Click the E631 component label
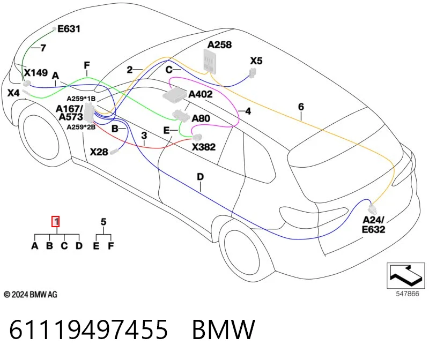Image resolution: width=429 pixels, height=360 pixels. click(69, 29)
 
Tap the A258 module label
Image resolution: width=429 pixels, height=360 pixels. click(219, 44)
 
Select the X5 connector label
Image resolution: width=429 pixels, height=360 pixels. click(256, 61)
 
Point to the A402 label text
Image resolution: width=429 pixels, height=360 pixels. click(201, 94)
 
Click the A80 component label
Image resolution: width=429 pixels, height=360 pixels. click(201, 118)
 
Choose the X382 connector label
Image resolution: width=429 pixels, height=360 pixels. click(204, 147)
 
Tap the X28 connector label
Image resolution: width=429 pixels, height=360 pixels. click(99, 152)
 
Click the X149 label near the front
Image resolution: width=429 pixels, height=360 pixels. click(36, 73)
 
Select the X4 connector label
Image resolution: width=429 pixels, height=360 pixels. click(13, 93)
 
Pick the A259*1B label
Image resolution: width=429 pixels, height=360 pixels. click(82, 99)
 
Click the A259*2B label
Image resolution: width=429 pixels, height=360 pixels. click(82, 127)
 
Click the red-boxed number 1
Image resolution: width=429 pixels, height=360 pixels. click(56, 221)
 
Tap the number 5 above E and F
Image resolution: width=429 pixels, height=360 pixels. click(103, 222)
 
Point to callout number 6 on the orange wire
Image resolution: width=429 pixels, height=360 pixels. click(301, 107)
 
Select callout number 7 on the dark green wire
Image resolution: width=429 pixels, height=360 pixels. click(43, 48)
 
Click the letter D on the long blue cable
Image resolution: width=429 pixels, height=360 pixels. click(200, 177)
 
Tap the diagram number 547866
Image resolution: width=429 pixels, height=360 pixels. click(408, 294)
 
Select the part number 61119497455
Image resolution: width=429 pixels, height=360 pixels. click(88, 329)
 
